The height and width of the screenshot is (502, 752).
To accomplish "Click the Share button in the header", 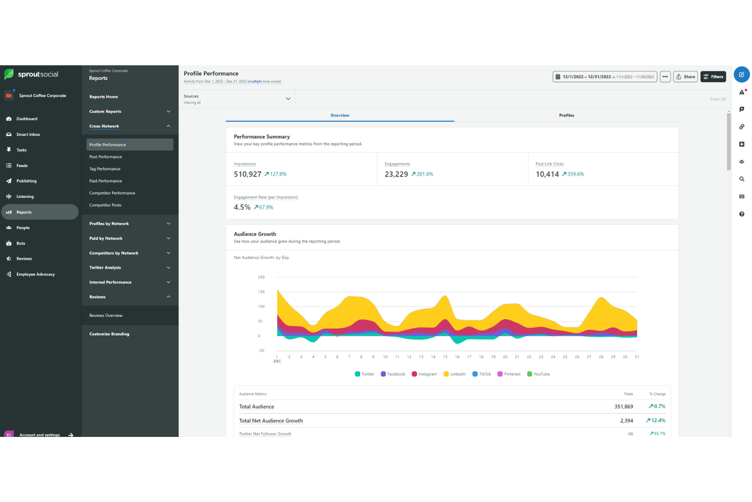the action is click(x=685, y=77).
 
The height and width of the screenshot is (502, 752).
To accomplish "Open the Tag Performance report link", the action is click(x=105, y=169).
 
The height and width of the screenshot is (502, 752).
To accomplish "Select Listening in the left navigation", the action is click(x=25, y=196).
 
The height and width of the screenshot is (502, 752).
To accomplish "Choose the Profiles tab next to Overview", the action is click(x=566, y=115).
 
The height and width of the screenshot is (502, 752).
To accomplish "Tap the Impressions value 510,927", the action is click(x=247, y=174).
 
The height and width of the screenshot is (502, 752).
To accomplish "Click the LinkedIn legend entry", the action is click(x=455, y=374).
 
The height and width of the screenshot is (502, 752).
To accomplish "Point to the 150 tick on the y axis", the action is click(x=261, y=292).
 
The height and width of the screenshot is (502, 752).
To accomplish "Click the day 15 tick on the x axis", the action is click(x=445, y=357).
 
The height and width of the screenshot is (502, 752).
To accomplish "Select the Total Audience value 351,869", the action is click(x=623, y=407).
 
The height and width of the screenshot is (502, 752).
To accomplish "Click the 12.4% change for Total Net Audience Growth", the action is click(x=655, y=421).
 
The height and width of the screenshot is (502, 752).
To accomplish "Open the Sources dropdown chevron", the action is click(x=288, y=99).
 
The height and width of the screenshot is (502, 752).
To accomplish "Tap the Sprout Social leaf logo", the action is click(x=9, y=74).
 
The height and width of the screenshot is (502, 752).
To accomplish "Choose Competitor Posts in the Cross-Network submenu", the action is click(x=105, y=205).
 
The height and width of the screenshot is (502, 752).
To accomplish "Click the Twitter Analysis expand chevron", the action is click(x=169, y=268).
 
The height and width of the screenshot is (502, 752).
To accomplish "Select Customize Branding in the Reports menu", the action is click(x=109, y=334).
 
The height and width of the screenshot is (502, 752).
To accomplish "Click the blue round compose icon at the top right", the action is click(x=741, y=75).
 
